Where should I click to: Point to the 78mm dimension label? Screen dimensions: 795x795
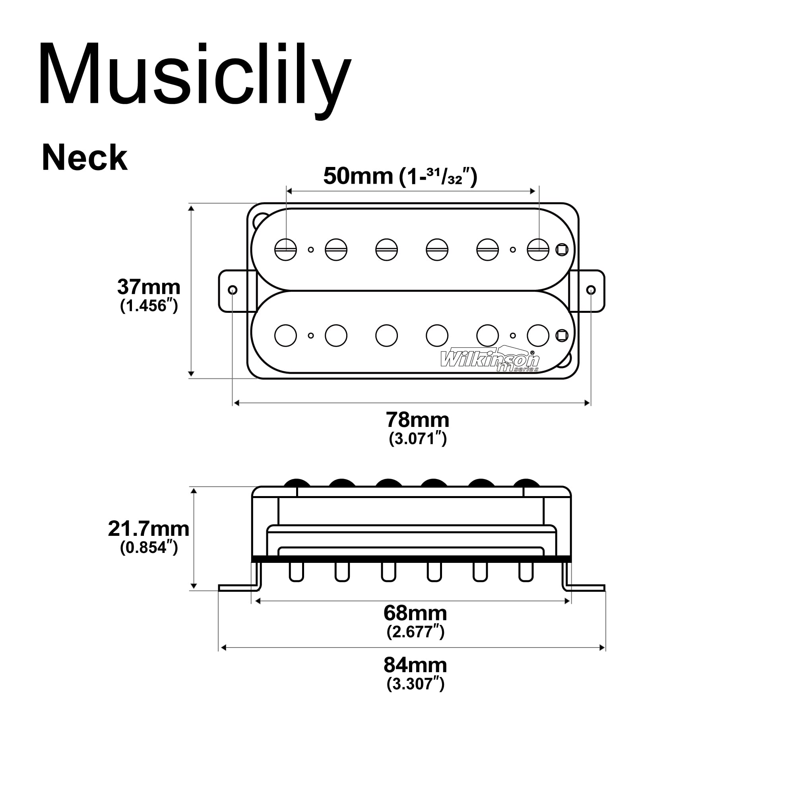point(417,420)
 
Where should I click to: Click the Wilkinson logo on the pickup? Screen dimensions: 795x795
point(489,359)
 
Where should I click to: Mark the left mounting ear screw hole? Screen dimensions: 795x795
point(233,290)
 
